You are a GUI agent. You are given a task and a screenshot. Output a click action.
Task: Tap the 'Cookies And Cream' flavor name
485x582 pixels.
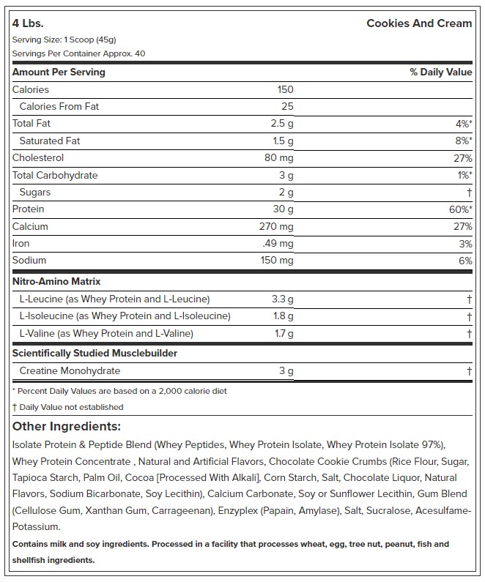pyautogui.click(x=419, y=23)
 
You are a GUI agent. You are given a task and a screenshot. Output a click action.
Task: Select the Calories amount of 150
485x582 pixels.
pyautogui.click(x=285, y=89)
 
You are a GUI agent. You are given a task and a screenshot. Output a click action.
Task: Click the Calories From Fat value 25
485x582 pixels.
pyautogui.click(x=286, y=106)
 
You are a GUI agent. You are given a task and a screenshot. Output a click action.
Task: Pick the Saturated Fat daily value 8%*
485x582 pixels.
pyautogui.click(x=461, y=141)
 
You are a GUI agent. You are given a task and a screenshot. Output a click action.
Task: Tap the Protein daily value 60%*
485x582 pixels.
pyautogui.click(x=458, y=209)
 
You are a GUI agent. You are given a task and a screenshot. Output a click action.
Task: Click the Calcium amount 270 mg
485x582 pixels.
pyautogui.click(x=275, y=226)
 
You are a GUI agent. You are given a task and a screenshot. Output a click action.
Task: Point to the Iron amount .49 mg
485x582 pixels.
pyautogui.click(x=278, y=243)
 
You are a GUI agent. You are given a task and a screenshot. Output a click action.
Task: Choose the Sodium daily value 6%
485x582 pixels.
pyautogui.click(x=464, y=260)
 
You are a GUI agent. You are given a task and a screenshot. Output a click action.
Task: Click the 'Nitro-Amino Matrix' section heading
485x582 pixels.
pyautogui.click(x=56, y=281)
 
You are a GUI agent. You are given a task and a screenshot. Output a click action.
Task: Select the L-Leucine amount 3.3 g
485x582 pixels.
pyautogui.click(x=282, y=299)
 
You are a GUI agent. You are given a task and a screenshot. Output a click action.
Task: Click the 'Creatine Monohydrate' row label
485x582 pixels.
pyautogui.click(x=71, y=371)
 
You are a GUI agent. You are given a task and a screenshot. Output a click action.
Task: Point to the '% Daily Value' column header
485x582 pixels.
pyautogui.click(x=440, y=72)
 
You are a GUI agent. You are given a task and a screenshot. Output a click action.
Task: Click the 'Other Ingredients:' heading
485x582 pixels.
pyautogui.click(x=67, y=426)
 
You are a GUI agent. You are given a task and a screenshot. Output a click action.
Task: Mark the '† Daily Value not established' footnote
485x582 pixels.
pyautogui.click(x=68, y=407)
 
